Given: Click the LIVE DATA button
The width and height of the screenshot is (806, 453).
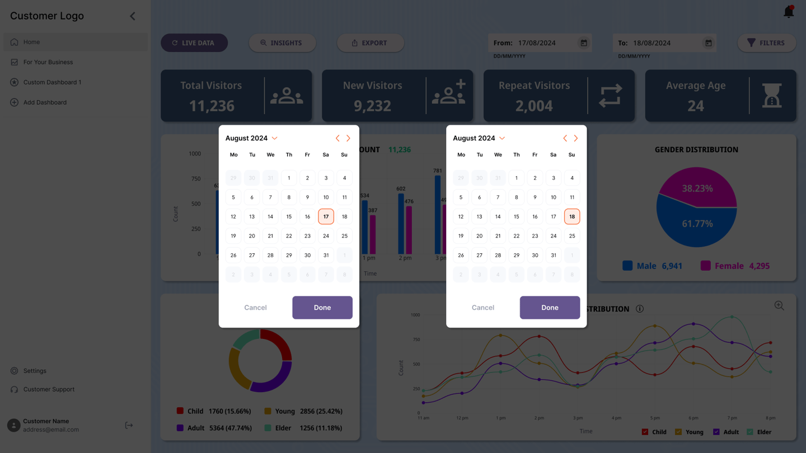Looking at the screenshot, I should [194, 43].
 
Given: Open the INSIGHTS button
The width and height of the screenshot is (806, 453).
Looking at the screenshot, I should [282, 43].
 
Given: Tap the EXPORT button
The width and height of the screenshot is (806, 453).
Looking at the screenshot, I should [370, 43].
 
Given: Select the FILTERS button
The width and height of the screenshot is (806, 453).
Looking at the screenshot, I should [766, 43].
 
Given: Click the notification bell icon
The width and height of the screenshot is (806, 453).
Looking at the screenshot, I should [789, 12].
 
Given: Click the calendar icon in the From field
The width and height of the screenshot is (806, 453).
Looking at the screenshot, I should [583, 43].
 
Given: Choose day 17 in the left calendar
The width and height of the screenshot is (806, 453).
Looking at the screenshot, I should [326, 216].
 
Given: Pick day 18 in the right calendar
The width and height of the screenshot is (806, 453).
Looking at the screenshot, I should [571, 216].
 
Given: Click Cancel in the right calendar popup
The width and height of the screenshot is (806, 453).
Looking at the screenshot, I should [482, 308].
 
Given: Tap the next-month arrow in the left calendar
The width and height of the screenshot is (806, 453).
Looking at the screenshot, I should [348, 138].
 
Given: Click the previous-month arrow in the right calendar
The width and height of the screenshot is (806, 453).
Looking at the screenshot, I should [565, 138].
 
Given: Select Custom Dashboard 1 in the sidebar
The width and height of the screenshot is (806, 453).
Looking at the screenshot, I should [52, 82].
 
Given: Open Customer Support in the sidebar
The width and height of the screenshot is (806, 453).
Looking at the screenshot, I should [49, 389].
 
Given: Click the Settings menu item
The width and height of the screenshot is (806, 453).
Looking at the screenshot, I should [35, 371].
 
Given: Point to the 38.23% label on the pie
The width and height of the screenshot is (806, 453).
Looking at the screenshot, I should [697, 188].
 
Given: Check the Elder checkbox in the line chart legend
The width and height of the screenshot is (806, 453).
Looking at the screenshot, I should [750, 432].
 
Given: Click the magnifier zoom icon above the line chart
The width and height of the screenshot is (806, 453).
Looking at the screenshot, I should [779, 305].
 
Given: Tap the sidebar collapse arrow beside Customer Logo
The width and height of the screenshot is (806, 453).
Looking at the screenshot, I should [133, 16].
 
